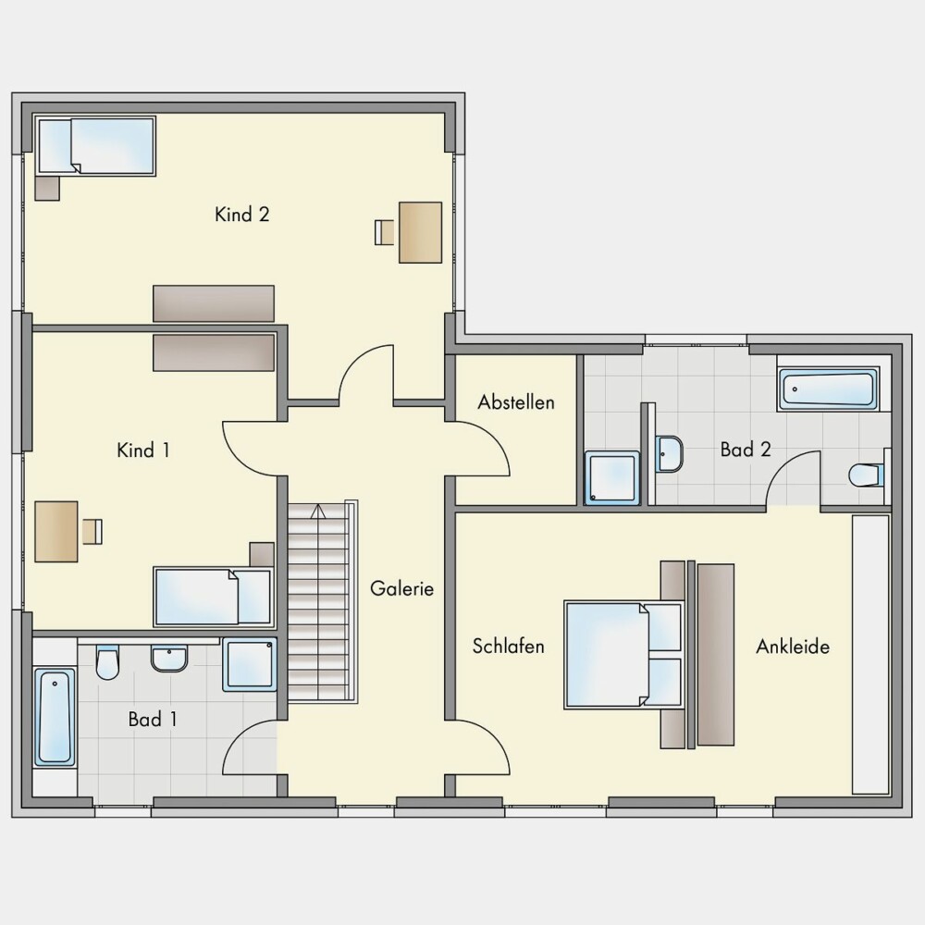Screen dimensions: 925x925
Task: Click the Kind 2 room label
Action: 241,215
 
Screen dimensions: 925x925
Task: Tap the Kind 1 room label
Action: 143,450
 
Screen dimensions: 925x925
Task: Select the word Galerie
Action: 401,588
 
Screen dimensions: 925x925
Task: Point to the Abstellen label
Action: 516,402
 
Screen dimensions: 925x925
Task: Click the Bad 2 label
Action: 746,450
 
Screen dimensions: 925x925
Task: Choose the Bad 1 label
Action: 153,719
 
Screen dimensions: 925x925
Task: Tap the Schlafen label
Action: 508,647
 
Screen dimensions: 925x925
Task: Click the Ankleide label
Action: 793,647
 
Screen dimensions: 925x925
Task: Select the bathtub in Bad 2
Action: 828,389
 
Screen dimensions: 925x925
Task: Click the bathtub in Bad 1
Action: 55,716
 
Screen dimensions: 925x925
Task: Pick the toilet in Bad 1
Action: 107,662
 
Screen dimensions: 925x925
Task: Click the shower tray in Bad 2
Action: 612,478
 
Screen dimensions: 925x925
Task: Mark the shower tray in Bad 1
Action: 250,664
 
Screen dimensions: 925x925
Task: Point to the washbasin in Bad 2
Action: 669,453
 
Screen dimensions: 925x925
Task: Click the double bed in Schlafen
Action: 624,654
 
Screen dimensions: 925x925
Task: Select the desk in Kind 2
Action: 421,232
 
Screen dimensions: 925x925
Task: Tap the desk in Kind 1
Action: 56,532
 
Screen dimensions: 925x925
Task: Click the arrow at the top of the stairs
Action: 318,512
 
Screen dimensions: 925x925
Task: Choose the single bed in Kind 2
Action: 95,146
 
